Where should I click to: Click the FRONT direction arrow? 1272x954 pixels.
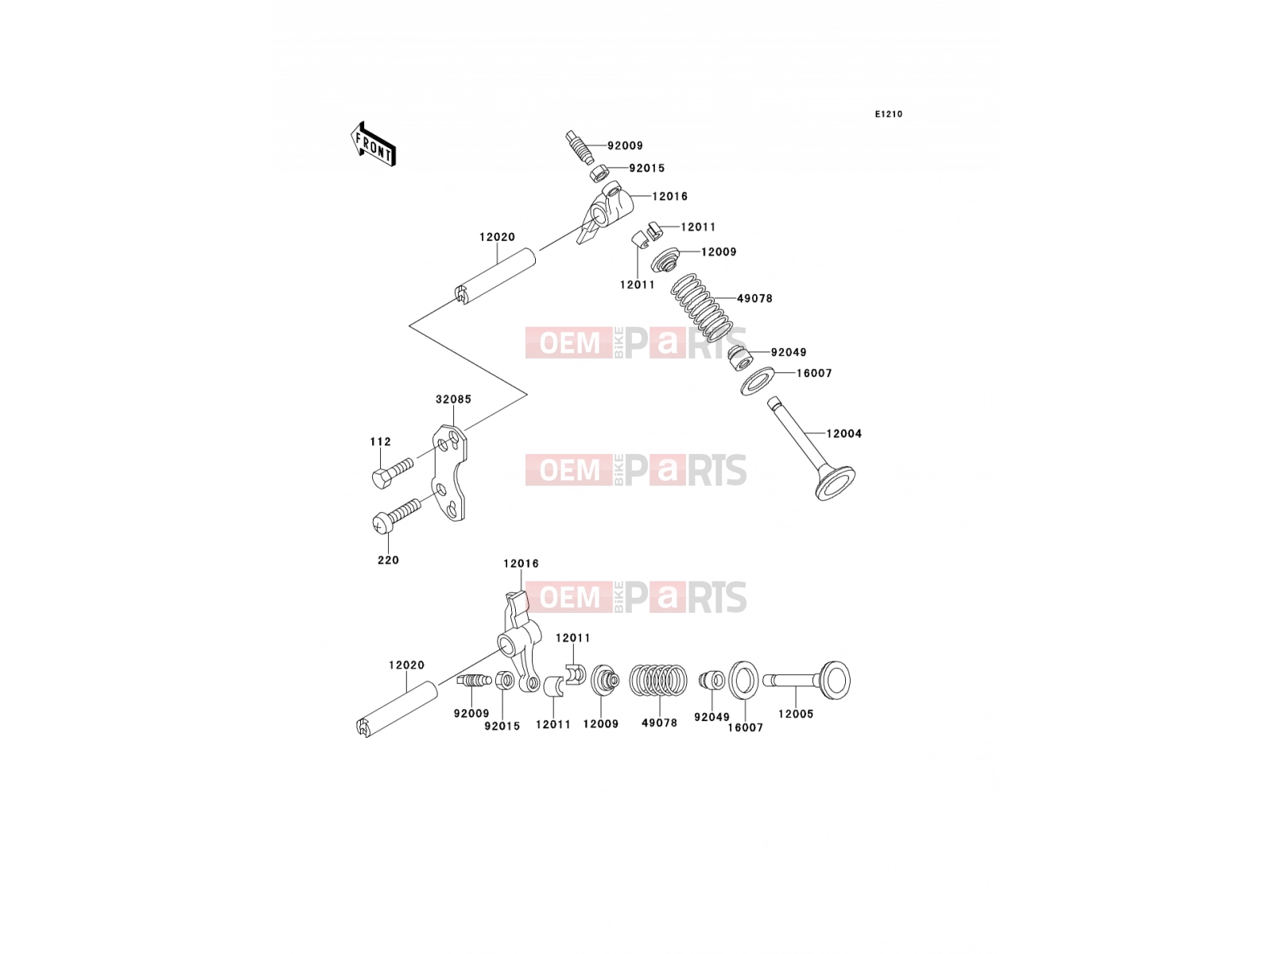pyautogui.click(x=373, y=145)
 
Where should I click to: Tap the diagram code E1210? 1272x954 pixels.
pyautogui.click(x=888, y=114)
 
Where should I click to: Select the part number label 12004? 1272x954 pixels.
pyautogui.click(x=843, y=433)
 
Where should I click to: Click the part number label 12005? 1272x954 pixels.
pyautogui.click(x=796, y=714)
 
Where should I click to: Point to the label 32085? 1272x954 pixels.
pyautogui.click(x=454, y=399)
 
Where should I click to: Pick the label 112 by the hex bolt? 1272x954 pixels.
pyautogui.click(x=381, y=441)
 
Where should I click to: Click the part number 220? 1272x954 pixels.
pyautogui.click(x=388, y=560)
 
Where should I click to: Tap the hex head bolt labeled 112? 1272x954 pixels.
pyautogui.click(x=392, y=473)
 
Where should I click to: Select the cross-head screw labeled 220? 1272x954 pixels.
pyautogui.click(x=396, y=515)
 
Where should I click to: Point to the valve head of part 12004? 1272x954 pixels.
pyautogui.click(x=836, y=483)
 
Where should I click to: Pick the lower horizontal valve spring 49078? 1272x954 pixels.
pyautogui.click(x=658, y=680)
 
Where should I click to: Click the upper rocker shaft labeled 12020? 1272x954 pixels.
pyautogui.click(x=494, y=276)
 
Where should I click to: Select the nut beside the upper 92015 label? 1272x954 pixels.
pyautogui.click(x=599, y=173)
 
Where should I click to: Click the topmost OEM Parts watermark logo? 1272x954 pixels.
pyautogui.click(x=636, y=343)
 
